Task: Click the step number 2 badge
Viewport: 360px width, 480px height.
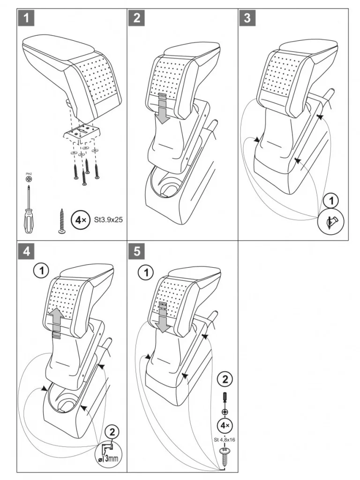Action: (x=137, y=18)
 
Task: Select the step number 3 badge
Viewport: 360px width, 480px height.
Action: (x=247, y=18)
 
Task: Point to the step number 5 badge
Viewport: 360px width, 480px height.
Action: (x=137, y=251)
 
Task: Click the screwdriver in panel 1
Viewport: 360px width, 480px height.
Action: (x=30, y=211)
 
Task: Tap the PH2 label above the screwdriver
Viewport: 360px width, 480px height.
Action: (x=28, y=174)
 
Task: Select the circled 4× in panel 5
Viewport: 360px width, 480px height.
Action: (x=224, y=426)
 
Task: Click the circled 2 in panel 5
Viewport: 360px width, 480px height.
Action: (x=224, y=379)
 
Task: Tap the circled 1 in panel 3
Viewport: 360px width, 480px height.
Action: (x=331, y=201)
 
